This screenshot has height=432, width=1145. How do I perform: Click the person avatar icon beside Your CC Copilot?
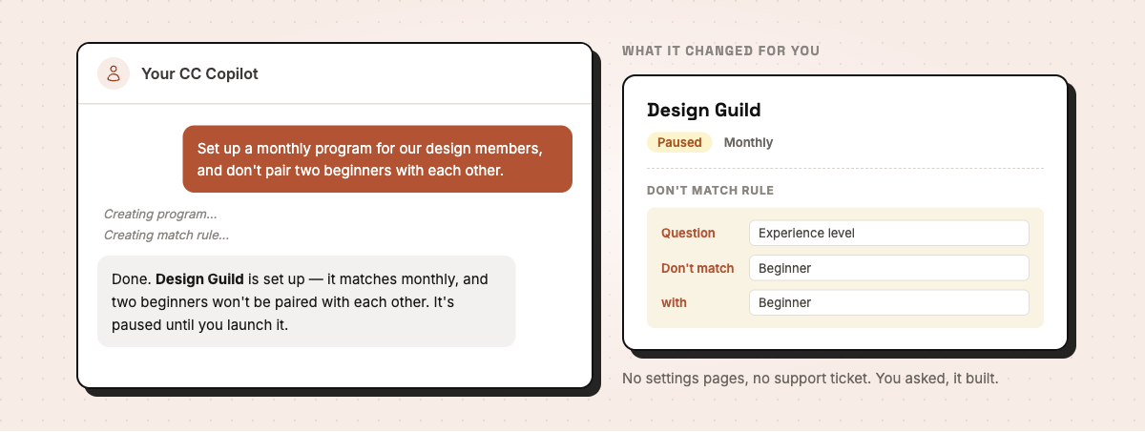pyautogui.click(x=114, y=73)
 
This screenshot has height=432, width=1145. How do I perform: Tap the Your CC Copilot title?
pyautogui.click(x=199, y=73)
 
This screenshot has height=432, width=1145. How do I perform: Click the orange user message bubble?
pyautogui.click(x=377, y=159)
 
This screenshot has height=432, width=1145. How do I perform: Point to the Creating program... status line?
pyautogui.click(x=160, y=214)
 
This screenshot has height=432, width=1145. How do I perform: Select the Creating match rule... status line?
pyautogui.click(x=167, y=235)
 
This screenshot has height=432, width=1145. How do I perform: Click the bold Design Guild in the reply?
pyautogui.click(x=199, y=278)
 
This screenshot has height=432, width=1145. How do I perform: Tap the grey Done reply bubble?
pyautogui.click(x=306, y=301)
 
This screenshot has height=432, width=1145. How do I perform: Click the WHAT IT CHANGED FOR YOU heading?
pyautogui.click(x=720, y=51)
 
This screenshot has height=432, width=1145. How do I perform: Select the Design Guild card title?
pyautogui.click(x=704, y=110)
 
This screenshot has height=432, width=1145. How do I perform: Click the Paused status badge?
pyautogui.click(x=679, y=142)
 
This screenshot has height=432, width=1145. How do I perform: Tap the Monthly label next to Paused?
pyautogui.click(x=748, y=142)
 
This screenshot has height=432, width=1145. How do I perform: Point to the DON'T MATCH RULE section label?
pyautogui.click(x=711, y=191)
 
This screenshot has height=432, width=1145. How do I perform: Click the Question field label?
pyautogui.click(x=688, y=233)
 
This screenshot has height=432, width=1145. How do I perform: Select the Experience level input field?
pyautogui.click(x=889, y=233)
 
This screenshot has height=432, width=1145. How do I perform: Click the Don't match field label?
pyautogui.click(x=697, y=268)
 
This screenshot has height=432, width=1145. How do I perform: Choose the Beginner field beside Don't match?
pyautogui.click(x=889, y=268)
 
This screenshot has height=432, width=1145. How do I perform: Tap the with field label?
pyautogui.click(x=674, y=303)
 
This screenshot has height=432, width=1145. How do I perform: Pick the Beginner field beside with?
pyautogui.click(x=889, y=303)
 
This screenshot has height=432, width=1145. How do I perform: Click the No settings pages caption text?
pyautogui.click(x=810, y=379)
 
